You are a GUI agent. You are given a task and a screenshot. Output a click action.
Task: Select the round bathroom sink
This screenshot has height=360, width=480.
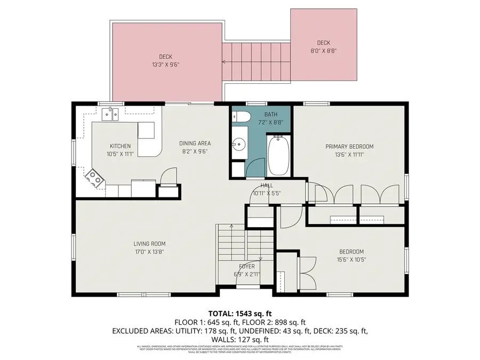[x=238, y=143]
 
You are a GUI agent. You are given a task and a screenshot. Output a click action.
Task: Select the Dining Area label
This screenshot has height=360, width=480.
[x=195, y=143]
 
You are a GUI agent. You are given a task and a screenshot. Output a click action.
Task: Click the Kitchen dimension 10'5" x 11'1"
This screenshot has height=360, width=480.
[x=120, y=154]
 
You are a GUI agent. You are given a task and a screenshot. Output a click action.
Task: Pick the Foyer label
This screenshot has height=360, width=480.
[x=246, y=266]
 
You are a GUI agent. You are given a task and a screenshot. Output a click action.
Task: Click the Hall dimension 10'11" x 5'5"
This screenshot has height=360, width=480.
[x=267, y=193]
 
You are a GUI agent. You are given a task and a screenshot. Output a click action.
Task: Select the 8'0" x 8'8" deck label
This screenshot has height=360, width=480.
[x=323, y=51]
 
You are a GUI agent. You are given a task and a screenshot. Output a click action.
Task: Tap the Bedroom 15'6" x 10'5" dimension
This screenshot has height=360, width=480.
[x=351, y=260]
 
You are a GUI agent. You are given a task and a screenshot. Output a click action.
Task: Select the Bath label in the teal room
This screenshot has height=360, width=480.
[x=271, y=115]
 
